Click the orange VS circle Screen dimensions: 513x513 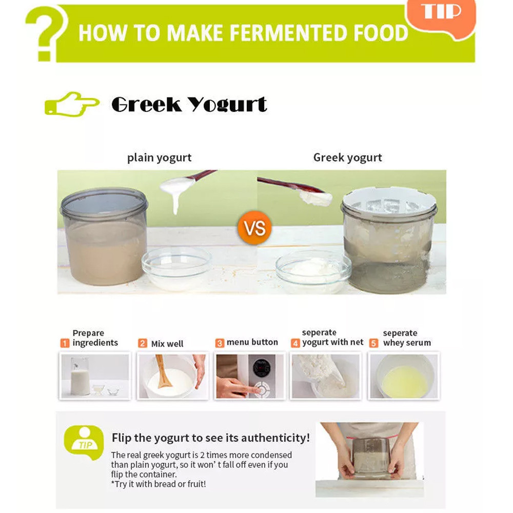tap(254, 228)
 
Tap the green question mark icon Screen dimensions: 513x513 tap(46, 33)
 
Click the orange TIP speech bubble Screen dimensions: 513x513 tap(440, 17)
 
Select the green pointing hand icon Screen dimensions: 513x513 tap(72, 104)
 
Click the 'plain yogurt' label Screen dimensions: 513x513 tap(159, 158)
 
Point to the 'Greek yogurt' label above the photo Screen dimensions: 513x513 tap(347, 157)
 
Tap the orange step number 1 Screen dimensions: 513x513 tap(65, 343)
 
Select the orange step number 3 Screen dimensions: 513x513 tap(220, 343)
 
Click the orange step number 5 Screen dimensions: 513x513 tap(373, 343)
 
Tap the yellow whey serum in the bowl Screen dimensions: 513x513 tap(404, 382)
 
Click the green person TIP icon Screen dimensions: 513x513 tap(85, 442)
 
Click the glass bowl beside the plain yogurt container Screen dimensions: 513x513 tap(176, 268)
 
